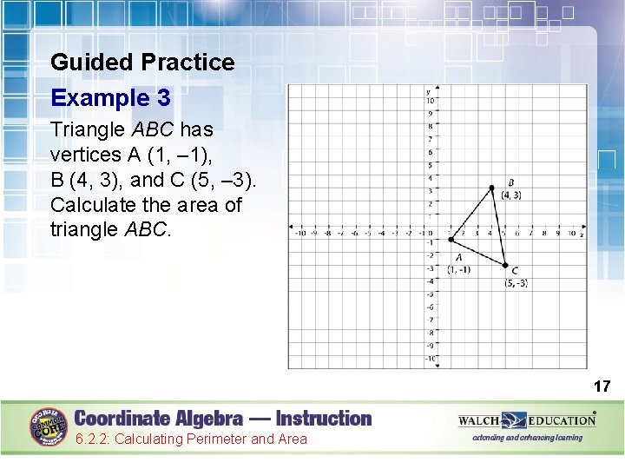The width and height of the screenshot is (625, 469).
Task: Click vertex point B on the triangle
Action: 491,188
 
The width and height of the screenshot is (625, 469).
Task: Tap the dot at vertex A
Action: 451,240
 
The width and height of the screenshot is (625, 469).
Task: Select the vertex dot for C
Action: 505,265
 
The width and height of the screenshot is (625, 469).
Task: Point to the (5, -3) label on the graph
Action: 516,283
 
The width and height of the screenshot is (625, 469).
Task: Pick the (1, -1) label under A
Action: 459,269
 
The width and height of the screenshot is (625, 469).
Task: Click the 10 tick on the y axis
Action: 430,100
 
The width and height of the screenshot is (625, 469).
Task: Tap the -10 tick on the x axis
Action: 300,233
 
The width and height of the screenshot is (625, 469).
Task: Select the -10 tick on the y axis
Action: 430,359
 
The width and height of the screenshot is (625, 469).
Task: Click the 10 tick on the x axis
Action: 571,233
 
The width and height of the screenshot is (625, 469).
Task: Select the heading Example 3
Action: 110,97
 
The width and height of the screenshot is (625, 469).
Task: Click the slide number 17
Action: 602,386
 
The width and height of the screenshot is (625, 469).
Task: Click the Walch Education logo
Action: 527,421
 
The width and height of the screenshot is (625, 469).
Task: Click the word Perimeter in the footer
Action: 217,439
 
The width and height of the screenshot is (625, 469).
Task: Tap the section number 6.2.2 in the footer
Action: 92,439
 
